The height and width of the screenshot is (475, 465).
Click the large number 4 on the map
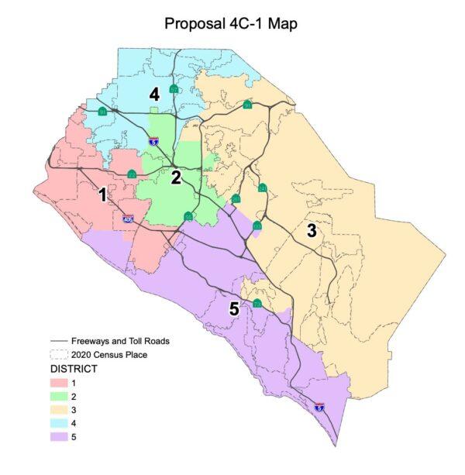(x=155, y=95)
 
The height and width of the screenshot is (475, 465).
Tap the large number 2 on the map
(x=176, y=177)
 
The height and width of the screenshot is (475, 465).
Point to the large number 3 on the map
(x=312, y=230)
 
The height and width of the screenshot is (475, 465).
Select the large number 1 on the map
(x=102, y=194)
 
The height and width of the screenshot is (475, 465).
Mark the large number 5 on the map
(x=234, y=308)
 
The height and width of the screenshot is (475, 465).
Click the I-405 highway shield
(x=129, y=220)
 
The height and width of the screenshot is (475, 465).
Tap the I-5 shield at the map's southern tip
(x=319, y=406)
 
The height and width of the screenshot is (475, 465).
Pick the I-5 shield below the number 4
(x=155, y=141)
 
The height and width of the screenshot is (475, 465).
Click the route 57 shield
(x=174, y=91)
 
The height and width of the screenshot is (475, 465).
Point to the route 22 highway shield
(x=133, y=174)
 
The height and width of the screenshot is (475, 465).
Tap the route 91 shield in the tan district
(x=248, y=105)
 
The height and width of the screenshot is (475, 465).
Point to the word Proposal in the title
(x=195, y=23)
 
